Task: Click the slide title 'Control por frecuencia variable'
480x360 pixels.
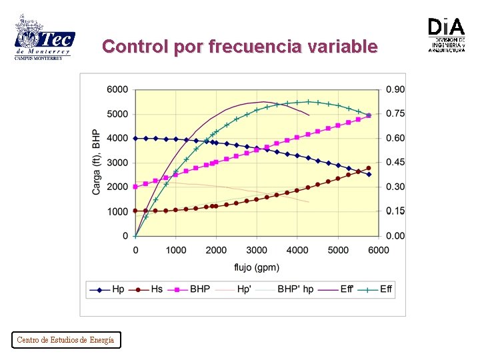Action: tap(240, 47)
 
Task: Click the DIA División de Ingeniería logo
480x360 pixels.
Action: tap(446, 35)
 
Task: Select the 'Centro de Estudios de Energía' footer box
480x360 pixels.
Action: tap(65, 340)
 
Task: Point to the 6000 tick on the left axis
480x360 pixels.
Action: tap(117, 89)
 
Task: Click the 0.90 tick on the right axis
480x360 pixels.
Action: tap(395, 89)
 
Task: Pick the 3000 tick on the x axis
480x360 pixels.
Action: tap(257, 250)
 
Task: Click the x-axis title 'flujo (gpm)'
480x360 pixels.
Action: tap(257, 268)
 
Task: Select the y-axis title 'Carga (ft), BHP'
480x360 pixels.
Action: tap(97, 162)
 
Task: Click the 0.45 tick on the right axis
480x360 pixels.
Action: tap(395, 163)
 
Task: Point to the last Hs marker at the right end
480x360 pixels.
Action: tap(369, 168)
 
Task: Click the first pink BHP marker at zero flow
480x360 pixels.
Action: tap(135, 187)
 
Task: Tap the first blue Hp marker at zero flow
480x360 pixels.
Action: tap(135, 139)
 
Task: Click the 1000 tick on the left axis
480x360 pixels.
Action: tap(117, 211)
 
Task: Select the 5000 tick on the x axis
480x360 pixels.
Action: tap(338, 250)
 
